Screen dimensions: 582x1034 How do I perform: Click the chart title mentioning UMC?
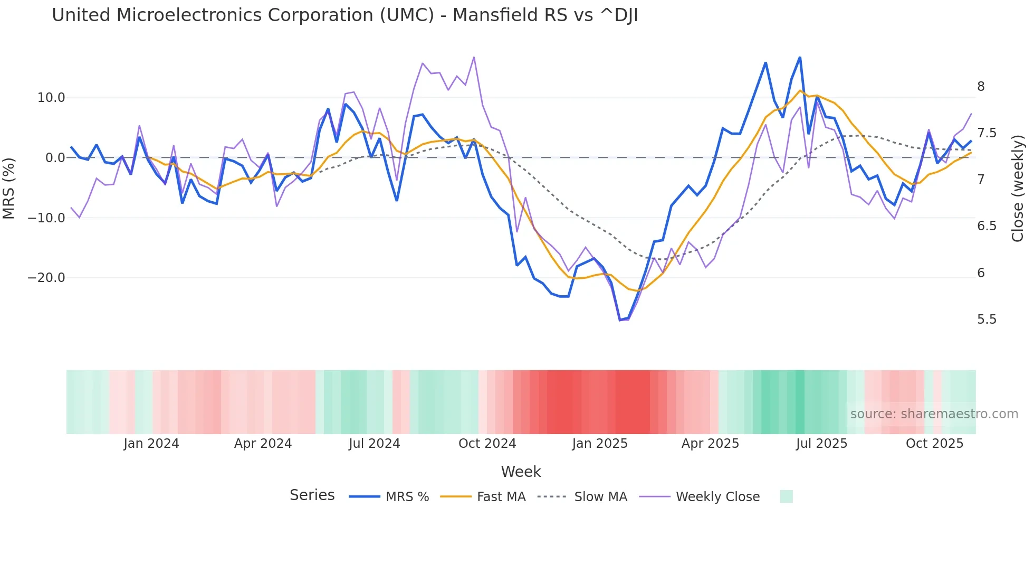pyautogui.click(x=344, y=15)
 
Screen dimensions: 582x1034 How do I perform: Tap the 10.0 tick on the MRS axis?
pyautogui.click(x=51, y=98)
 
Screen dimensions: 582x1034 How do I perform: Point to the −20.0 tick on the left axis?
pyautogui.click(x=46, y=278)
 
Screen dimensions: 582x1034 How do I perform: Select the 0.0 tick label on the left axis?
pyautogui.click(x=55, y=158)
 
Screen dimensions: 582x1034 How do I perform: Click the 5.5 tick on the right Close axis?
pyautogui.click(x=987, y=320)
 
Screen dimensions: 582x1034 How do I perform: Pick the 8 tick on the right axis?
pyautogui.click(x=981, y=87)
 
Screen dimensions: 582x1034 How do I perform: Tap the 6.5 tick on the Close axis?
pyautogui.click(x=987, y=226)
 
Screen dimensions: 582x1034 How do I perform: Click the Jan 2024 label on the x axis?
pyautogui.click(x=151, y=444)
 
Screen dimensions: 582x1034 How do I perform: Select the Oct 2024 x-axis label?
pyautogui.click(x=487, y=444)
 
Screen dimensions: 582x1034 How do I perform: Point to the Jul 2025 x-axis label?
pyautogui.click(x=821, y=444)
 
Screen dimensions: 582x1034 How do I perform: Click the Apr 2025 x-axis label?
pyautogui.click(x=710, y=444)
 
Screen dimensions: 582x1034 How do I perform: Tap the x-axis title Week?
pyautogui.click(x=521, y=472)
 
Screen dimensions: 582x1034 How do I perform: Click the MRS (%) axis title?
pyautogui.click(x=9, y=188)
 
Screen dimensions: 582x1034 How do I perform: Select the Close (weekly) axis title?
pyautogui.click(x=1018, y=188)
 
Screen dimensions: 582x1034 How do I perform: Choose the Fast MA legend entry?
pyautogui.click(x=501, y=497)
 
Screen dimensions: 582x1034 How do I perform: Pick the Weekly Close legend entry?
pyautogui.click(x=717, y=497)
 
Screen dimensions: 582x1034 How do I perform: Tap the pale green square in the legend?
pyautogui.click(x=786, y=496)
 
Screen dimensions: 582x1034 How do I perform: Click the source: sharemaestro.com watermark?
pyautogui.click(x=934, y=414)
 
